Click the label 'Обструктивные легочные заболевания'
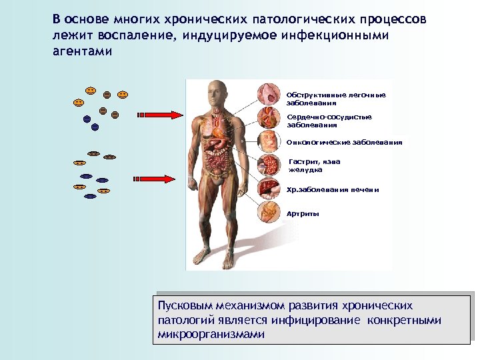(x=335, y=99)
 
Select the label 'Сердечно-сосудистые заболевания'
(x=329, y=121)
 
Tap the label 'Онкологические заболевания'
(x=343, y=142)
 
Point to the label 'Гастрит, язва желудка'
(x=314, y=165)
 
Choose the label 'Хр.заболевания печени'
(x=332, y=189)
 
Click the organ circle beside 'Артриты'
(x=270, y=211)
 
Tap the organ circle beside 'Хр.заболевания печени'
(x=270, y=188)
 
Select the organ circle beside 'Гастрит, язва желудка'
(x=270, y=165)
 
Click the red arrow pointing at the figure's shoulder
(x=159, y=115)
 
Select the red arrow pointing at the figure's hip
(x=159, y=179)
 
